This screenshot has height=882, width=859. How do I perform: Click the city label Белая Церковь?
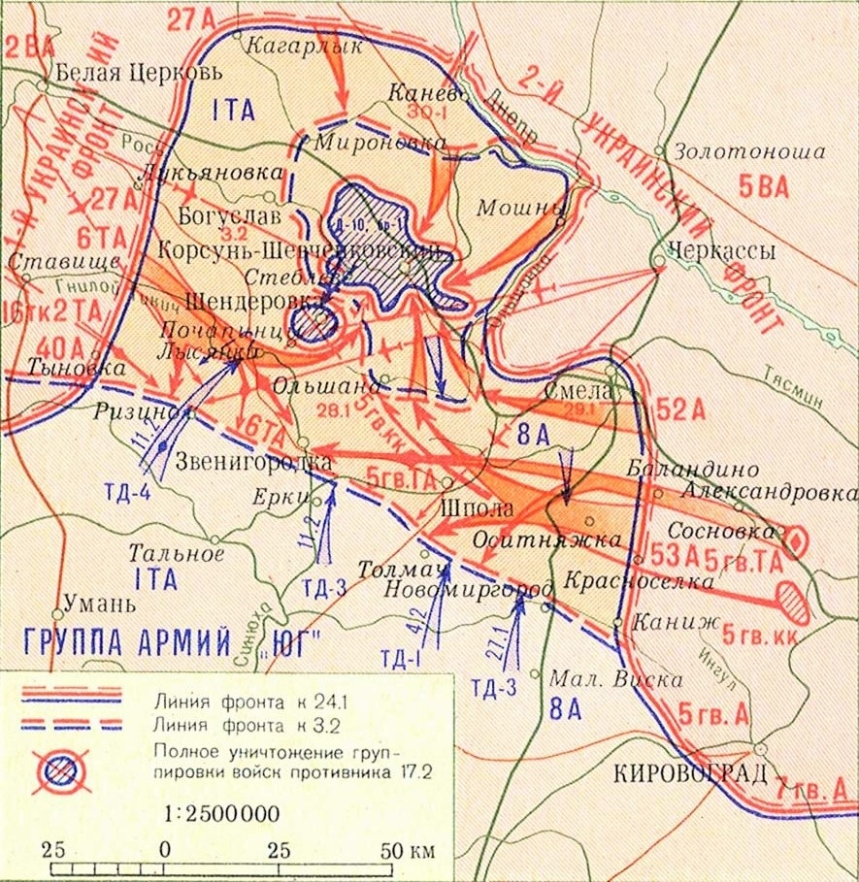tap(140, 72)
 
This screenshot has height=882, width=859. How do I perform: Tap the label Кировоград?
tap(690, 773)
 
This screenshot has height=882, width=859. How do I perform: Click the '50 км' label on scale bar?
tap(406, 850)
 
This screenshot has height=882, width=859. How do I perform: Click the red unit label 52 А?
tap(682, 409)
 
